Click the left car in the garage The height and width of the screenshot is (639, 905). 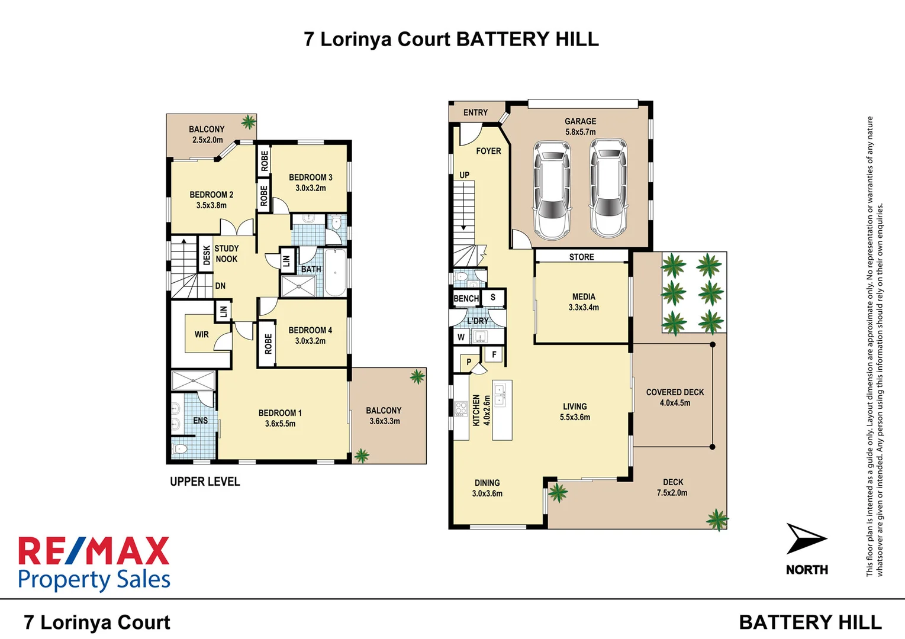click(x=552, y=190)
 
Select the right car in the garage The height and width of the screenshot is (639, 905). click(x=608, y=189)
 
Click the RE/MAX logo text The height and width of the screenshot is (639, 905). click(x=94, y=551)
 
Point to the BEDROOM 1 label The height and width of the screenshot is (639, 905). click(x=280, y=413)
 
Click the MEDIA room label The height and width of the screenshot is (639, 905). click(x=584, y=296)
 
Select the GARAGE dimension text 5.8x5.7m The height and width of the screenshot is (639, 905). click(x=580, y=132)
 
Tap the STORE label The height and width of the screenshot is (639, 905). click(x=581, y=257)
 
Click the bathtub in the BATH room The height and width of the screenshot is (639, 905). click(x=335, y=272)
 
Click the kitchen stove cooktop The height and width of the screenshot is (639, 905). click(x=461, y=408)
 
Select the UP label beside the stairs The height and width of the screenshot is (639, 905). click(x=465, y=175)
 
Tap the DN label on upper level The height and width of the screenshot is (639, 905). click(x=220, y=286)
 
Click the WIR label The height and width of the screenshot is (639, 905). click(x=201, y=334)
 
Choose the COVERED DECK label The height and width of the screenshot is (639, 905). click(x=675, y=392)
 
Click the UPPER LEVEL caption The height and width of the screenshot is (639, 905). click(x=205, y=482)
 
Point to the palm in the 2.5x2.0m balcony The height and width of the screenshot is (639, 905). click(x=249, y=122)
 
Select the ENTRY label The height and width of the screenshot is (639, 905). click(x=475, y=112)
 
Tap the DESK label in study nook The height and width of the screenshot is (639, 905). click(x=207, y=256)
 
